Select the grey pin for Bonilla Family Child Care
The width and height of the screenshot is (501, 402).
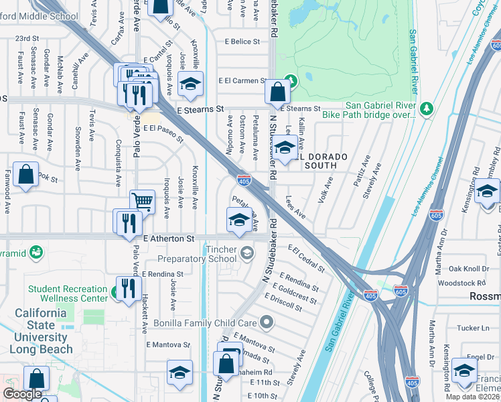coord(267,323)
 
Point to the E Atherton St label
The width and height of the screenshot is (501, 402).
coord(168,239)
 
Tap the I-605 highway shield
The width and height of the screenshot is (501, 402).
coord(401,292)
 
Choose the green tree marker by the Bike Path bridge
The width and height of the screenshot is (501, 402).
coord(427,108)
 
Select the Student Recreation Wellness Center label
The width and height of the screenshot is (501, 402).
coord(67,293)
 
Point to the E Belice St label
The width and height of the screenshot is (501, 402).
coord(242,42)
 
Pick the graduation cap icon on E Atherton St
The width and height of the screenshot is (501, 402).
coord(238,219)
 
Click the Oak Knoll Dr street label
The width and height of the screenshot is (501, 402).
coord(469,269)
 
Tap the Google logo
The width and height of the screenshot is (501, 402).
coord(22,395)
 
